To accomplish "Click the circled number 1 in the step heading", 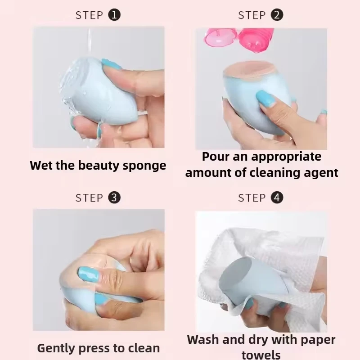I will (x=115, y=15).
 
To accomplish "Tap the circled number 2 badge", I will (x=277, y=15).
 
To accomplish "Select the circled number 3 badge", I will (x=115, y=198).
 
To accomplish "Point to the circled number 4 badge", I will (x=277, y=198).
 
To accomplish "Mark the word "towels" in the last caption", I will (x=261, y=355).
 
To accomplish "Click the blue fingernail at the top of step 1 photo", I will (x=111, y=64).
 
